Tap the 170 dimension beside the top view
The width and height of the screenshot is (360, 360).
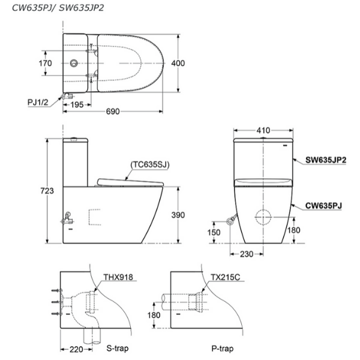[x=28, y=63]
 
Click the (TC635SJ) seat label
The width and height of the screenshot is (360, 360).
[x=148, y=163]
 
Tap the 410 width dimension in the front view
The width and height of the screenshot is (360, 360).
[x=263, y=130]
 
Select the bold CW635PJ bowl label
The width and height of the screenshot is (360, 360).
[x=324, y=205]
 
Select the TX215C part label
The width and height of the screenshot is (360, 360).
[x=225, y=278]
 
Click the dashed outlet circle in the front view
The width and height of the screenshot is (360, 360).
[x=265, y=217]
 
